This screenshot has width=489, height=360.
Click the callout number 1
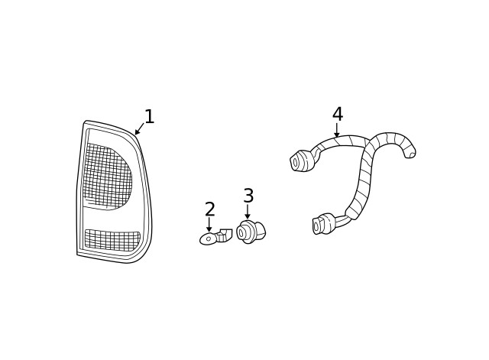pos(150,116)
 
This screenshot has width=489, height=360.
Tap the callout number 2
pos(210,209)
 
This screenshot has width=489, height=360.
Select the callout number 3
pos(248,196)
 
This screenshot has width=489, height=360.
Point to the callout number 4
pos(338,114)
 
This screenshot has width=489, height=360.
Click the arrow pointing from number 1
pos(139,129)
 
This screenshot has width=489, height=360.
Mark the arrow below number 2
pos(209,224)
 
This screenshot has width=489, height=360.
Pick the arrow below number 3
pos(248,211)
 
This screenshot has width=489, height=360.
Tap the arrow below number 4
pos(336,130)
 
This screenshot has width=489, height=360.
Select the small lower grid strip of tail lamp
pos(112,240)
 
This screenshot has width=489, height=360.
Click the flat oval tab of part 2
pos(208,238)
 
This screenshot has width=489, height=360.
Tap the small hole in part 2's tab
pos(209,238)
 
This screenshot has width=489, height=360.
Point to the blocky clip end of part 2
pos(225,235)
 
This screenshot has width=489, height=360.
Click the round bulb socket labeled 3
pos(251,232)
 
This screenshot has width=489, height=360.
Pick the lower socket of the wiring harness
pos(324,222)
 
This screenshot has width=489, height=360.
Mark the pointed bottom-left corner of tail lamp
pos(77,255)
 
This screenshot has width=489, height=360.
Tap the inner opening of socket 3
pos(241,232)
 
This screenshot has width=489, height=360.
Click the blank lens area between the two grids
pos(112,220)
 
